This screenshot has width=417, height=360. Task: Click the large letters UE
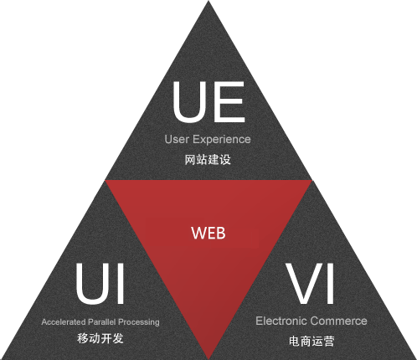208,102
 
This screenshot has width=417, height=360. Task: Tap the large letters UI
100,284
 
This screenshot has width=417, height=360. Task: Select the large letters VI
310,284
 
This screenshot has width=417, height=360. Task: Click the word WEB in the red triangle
208,233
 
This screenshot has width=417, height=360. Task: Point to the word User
177,139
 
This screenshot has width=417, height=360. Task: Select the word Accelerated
64,321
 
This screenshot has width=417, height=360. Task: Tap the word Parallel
102,321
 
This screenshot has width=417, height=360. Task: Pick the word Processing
139,322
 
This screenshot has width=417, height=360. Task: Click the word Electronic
281,321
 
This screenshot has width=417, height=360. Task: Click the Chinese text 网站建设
208,160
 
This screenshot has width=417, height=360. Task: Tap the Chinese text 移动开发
100,338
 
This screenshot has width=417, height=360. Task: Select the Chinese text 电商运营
311,341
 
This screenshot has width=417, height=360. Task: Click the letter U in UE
189,102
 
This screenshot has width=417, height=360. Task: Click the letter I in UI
121,284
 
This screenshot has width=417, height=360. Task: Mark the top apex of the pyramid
208,1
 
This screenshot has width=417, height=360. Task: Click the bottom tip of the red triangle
208,358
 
